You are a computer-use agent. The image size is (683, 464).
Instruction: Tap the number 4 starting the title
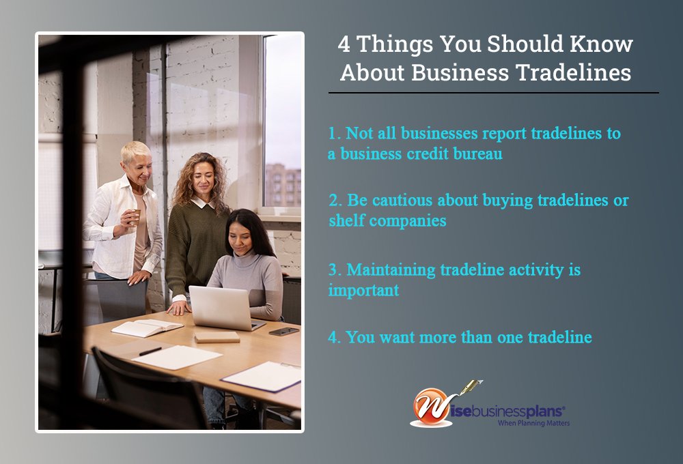[344, 44]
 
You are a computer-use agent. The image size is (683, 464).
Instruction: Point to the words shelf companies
[387, 220]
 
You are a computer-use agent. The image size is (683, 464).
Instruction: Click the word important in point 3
[363, 290]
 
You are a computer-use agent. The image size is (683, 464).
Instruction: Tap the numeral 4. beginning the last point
[335, 337]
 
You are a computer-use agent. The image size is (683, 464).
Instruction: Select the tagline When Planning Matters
[533, 423]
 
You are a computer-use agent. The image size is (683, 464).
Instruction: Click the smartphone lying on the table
[283, 331]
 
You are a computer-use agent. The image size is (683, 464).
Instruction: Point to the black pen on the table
[150, 351]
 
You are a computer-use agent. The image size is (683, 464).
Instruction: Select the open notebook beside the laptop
[147, 328]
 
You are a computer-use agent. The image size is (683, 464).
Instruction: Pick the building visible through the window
[283, 185]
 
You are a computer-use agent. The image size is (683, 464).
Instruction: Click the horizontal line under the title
[494, 93]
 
